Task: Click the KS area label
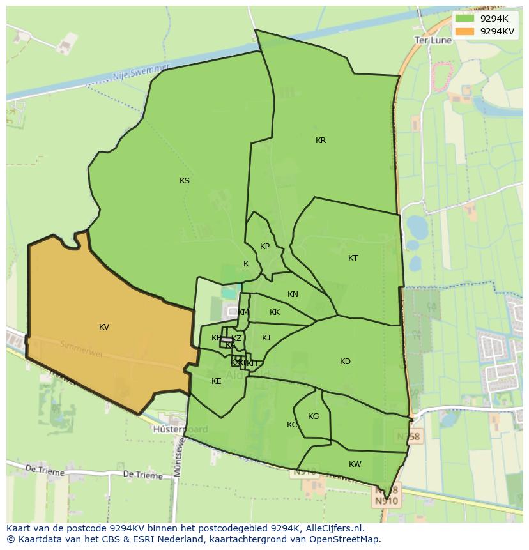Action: tap(185, 181)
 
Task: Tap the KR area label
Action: tap(321, 141)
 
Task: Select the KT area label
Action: tap(353, 258)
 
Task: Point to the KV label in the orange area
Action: tap(104, 327)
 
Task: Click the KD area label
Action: tap(345, 362)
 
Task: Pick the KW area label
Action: tap(355, 464)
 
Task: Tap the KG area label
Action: tap(313, 416)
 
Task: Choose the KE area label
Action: tap(217, 381)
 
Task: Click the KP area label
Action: tap(264, 247)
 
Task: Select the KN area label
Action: tap(293, 294)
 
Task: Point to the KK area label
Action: tap(275, 312)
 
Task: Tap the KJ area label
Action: tap(266, 338)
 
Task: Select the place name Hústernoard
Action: tap(180, 430)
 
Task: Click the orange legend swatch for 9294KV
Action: tap(465, 31)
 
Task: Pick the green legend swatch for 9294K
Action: tap(465, 19)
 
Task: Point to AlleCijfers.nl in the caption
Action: tap(335, 528)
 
